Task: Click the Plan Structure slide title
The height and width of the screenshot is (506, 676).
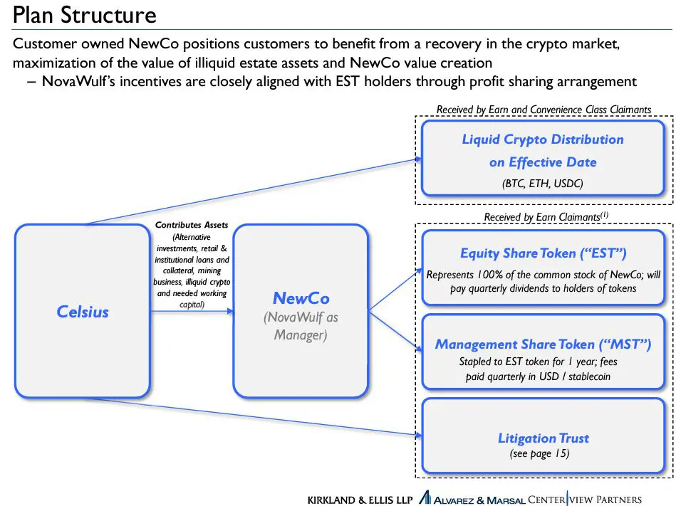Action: (x=85, y=15)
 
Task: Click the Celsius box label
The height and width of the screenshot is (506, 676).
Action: (x=83, y=311)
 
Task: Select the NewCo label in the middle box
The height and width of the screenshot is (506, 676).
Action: (x=301, y=298)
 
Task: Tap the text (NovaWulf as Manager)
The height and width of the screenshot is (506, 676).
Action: (x=301, y=326)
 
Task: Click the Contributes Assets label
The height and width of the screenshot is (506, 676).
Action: (x=192, y=225)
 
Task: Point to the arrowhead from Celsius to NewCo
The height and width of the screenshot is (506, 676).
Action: (x=230, y=311)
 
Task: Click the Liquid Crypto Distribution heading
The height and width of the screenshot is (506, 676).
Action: (x=543, y=139)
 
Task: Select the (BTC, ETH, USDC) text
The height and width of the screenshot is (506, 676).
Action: (x=542, y=184)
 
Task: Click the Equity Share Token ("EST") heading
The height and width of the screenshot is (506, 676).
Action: (x=544, y=253)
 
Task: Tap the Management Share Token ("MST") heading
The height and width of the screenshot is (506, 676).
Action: (x=543, y=344)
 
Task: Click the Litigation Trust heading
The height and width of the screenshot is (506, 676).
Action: (x=544, y=438)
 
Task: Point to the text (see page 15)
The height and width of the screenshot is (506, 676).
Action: (x=540, y=453)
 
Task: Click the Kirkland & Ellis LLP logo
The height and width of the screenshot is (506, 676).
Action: (x=360, y=500)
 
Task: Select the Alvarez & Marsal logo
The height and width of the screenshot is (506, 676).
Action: (x=472, y=499)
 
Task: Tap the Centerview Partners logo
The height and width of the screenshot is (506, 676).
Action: (x=585, y=499)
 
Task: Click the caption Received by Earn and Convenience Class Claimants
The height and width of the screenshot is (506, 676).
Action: (x=544, y=110)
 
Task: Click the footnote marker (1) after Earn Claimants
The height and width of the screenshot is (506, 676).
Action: (x=605, y=214)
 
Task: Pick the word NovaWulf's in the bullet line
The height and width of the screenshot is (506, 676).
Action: (x=78, y=81)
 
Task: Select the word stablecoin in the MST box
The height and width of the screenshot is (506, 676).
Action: (x=589, y=376)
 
